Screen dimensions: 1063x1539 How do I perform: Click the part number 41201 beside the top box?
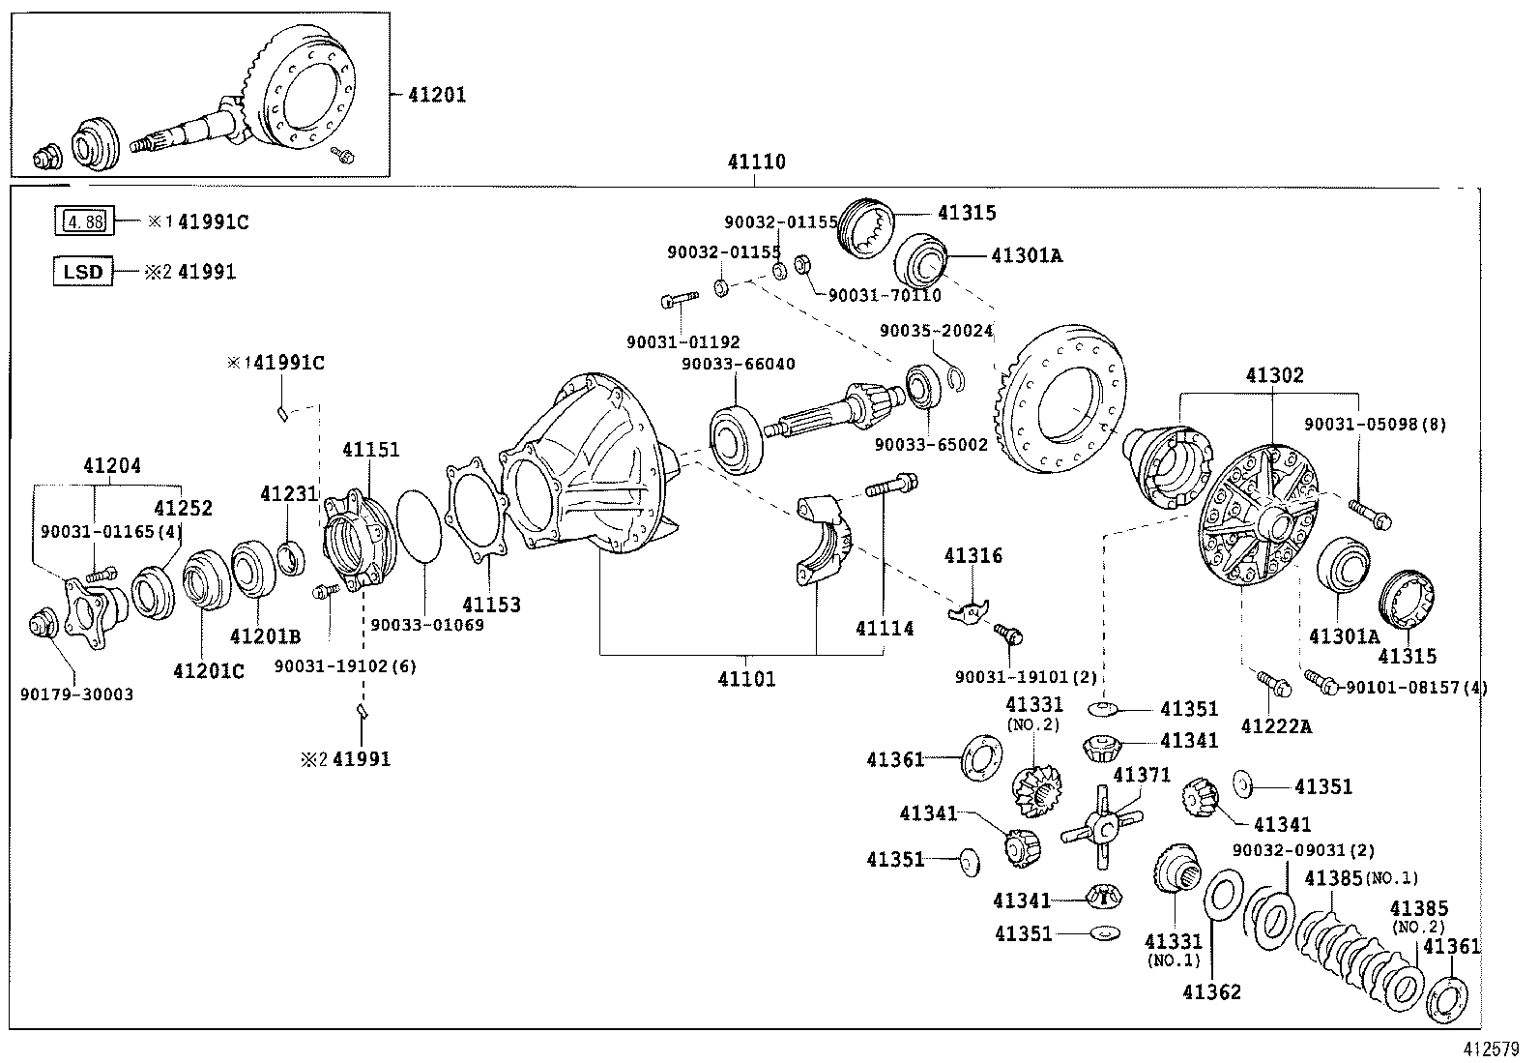[x=436, y=95]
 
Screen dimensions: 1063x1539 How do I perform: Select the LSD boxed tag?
[x=82, y=272]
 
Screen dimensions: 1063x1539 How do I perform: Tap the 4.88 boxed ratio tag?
[x=82, y=221]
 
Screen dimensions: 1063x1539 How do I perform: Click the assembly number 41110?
[x=756, y=162]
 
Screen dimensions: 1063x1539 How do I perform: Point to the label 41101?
[x=746, y=679]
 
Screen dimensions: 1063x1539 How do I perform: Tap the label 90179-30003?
[x=76, y=694]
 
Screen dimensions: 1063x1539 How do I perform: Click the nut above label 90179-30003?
[x=42, y=625]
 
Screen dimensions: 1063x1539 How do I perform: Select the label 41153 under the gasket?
[x=491, y=605]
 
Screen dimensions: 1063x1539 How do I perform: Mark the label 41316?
[x=973, y=555]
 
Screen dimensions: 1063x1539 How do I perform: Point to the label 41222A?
[x=1276, y=725]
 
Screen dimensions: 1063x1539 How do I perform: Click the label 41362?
[x=1211, y=991]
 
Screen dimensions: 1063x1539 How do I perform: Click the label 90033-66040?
[x=738, y=364]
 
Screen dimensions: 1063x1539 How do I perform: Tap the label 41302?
[x=1273, y=375]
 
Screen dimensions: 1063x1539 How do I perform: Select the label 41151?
[x=370, y=450]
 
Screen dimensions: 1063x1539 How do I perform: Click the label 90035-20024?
[x=936, y=331]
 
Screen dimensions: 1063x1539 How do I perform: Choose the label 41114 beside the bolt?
[x=884, y=629]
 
